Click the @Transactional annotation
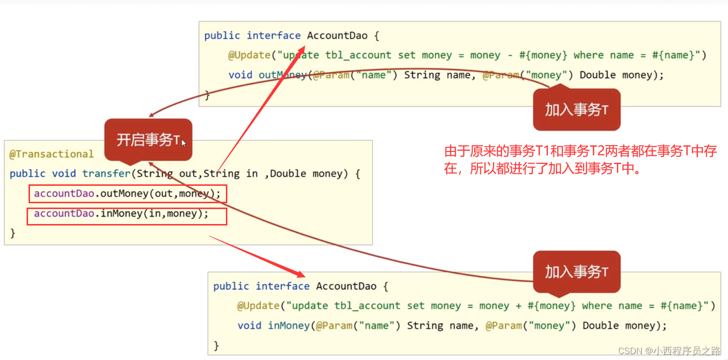tap(51, 154)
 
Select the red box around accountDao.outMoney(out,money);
tap(127, 194)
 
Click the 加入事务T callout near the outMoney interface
tap(576, 109)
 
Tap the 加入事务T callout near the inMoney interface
tap(576, 272)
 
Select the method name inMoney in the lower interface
tap(289, 326)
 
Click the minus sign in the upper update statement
tap(510, 55)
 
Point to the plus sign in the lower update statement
tap(519, 306)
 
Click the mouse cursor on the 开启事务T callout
tap(183, 142)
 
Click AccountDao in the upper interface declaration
tap(337, 35)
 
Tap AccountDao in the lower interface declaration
tap(346, 286)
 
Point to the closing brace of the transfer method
tap(13, 233)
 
